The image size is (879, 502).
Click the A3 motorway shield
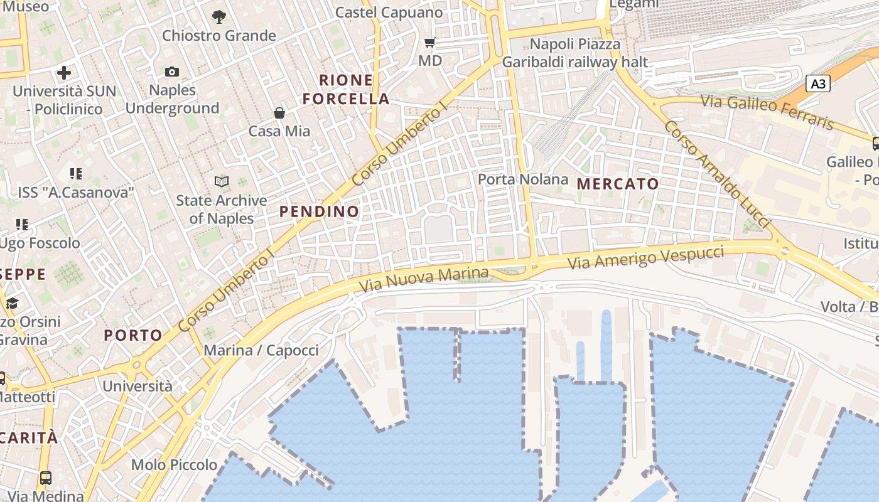[818, 83]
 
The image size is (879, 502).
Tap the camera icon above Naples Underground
[171, 72]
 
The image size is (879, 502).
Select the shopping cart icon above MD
[430, 43]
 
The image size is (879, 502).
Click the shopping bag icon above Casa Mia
[279, 113]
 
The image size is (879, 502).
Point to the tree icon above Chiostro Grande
[219, 17]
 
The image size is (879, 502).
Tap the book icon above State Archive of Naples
[221, 182]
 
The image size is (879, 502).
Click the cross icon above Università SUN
[64, 73]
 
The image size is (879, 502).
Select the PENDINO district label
[319, 211]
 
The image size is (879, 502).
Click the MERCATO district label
[618, 184]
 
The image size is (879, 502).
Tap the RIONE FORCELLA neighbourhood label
[346, 90]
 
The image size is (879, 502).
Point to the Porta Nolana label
[523, 179]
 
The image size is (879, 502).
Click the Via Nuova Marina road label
[424, 280]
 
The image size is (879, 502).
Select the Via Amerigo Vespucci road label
[646, 258]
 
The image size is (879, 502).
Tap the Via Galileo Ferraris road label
[767, 111]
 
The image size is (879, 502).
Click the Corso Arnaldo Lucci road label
[716, 174]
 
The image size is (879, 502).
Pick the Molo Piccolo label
[174, 465]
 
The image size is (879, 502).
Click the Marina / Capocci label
[261, 350]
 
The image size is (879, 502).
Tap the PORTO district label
[133, 335]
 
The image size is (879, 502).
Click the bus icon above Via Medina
[46, 478]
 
